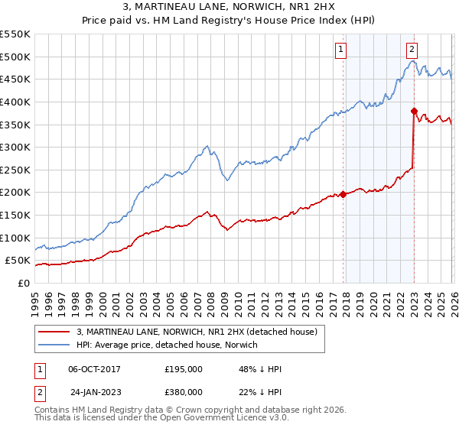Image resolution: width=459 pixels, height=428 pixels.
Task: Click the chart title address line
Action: tap(229, 7)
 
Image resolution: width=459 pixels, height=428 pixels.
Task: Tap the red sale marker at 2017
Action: tap(343, 194)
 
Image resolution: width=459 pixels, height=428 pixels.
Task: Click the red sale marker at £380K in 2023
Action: tap(414, 111)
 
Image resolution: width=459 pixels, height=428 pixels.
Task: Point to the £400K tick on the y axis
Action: tap(15, 102)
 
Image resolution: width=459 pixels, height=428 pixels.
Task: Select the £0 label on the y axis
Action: tap(23, 283)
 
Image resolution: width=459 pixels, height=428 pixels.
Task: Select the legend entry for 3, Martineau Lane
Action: tap(201, 331)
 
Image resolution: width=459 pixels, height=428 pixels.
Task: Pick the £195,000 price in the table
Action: tap(184, 369)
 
